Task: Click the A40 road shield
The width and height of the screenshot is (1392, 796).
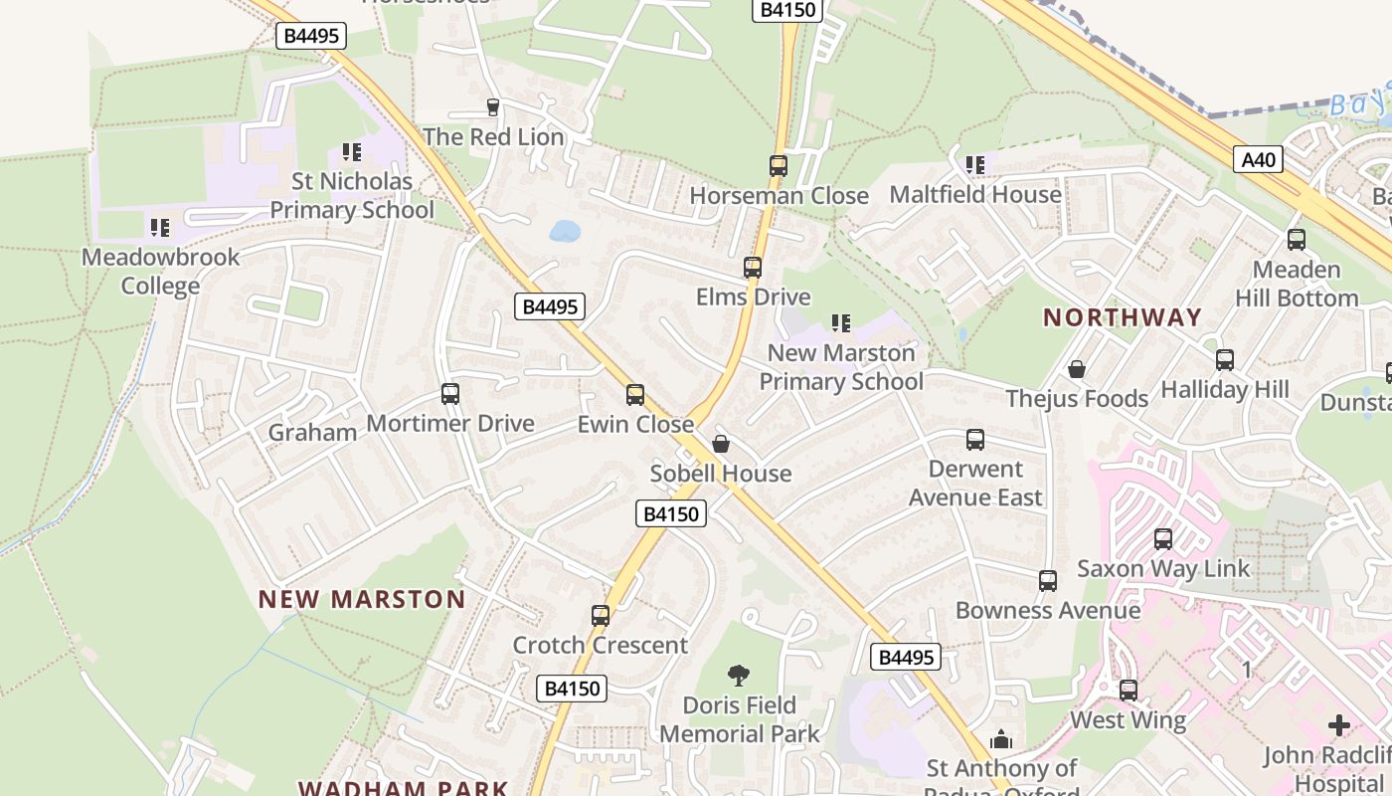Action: coord(1259,159)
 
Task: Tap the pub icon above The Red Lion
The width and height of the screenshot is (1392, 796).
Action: coord(492,107)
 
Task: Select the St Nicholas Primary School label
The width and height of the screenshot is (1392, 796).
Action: coord(352,196)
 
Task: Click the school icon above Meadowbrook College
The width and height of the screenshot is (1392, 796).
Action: coord(160,228)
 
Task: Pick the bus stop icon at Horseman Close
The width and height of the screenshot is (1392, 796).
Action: coord(779,166)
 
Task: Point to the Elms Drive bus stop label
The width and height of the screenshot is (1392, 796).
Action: coord(753,297)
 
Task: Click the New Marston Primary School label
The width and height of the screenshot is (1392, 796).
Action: coord(841,367)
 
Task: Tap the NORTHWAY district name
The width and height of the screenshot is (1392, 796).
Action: coord(1123,317)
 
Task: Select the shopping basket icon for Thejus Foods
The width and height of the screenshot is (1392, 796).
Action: coord(1076,369)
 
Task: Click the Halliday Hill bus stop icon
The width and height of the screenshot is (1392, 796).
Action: coord(1225,360)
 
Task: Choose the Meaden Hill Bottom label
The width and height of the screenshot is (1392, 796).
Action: coord(1297,284)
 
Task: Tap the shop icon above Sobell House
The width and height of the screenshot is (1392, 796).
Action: coord(721,444)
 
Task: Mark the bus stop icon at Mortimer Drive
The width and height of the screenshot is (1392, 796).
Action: coord(450,394)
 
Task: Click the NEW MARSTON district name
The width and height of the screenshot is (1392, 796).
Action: coord(362,599)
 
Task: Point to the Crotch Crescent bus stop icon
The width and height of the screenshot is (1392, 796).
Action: coord(601,616)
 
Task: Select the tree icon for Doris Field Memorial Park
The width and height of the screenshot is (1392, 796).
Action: coord(739,676)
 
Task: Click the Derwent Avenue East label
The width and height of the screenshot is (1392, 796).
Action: coord(975,483)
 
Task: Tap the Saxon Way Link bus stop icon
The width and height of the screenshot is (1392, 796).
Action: coord(1163,539)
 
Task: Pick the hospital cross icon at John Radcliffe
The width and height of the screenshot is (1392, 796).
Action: coord(1339,725)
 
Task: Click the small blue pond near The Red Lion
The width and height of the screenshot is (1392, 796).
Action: coord(565,231)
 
